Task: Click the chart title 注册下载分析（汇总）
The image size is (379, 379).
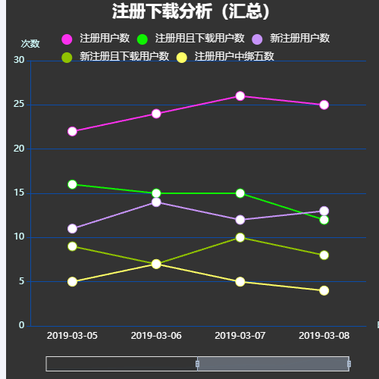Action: click(x=190, y=11)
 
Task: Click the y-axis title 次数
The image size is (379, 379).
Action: click(x=30, y=43)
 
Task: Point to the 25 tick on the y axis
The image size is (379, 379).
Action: click(x=20, y=105)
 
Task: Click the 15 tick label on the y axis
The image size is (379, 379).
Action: click(x=20, y=193)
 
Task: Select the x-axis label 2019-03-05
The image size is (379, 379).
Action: click(x=72, y=335)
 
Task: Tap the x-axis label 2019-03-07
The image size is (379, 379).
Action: click(x=240, y=335)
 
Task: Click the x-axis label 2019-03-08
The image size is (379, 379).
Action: click(x=324, y=335)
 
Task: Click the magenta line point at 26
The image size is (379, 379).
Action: click(x=240, y=96)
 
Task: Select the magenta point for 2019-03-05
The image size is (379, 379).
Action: click(x=72, y=131)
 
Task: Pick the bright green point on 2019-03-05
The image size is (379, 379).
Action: click(x=72, y=184)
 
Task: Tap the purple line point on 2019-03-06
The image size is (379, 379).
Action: click(x=156, y=202)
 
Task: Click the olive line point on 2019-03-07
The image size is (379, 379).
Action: click(x=240, y=237)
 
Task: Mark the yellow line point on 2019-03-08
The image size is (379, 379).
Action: click(x=324, y=290)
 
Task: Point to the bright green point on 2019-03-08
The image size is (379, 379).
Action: click(x=324, y=220)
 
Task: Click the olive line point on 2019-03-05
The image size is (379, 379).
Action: click(x=72, y=246)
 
